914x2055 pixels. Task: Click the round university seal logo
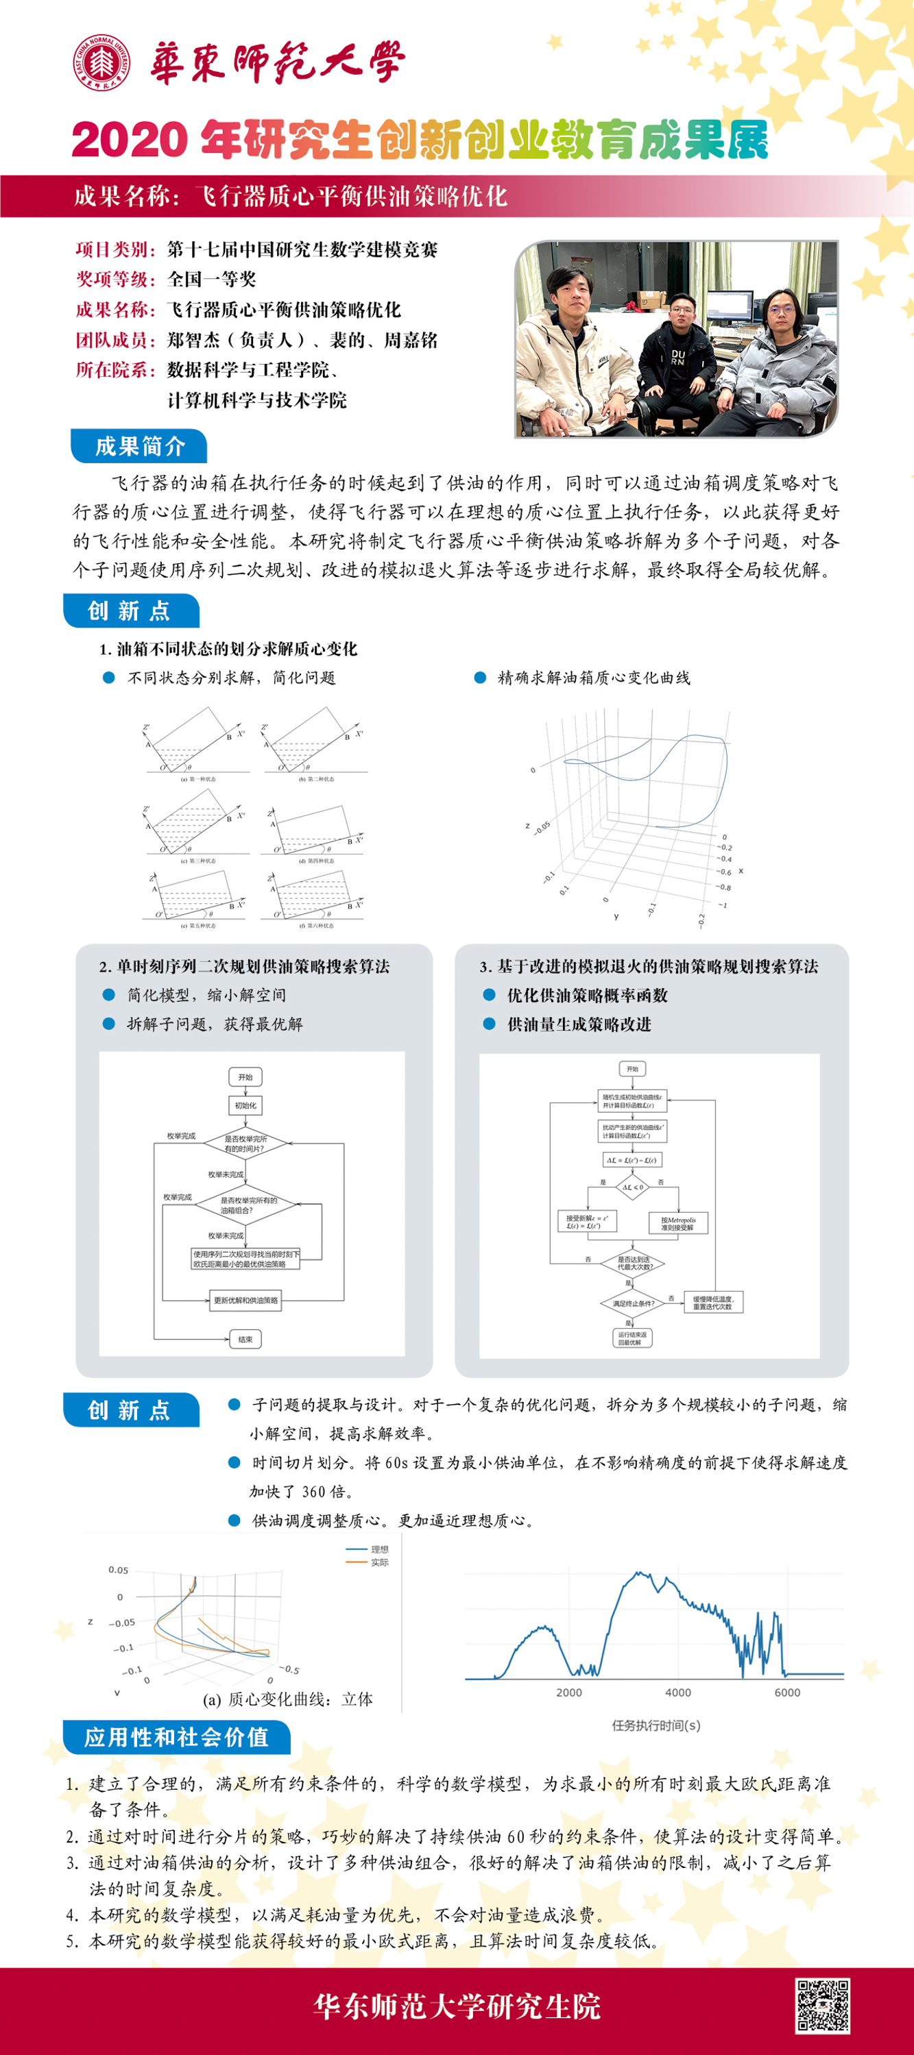click(102, 62)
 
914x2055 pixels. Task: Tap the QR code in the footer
click(822, 2005)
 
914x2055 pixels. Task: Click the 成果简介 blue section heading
click(139, 446)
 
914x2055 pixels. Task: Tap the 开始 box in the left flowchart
click(245, 1077)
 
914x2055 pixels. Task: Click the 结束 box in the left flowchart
click(245, 1340)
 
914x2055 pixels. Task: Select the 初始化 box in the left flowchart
click(245, 1106)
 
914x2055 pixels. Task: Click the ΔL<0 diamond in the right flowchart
click(632, 1187)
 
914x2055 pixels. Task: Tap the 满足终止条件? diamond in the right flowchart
click(632, 1303)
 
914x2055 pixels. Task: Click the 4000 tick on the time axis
click(677, 1692)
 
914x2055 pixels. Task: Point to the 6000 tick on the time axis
click(787, 1692)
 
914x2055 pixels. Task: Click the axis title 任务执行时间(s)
click(656, 1725)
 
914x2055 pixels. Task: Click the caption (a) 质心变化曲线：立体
click(288, 1699)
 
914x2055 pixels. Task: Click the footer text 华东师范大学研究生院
click(457, 2006)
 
